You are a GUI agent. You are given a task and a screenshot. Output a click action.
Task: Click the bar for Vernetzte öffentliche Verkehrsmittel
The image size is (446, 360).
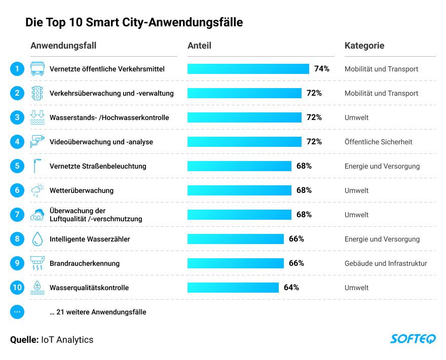248,69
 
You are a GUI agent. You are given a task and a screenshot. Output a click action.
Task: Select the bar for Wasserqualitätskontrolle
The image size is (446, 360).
233,288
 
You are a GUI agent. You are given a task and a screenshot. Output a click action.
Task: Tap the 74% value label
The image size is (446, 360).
322,69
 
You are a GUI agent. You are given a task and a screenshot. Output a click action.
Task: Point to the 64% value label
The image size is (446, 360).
291,288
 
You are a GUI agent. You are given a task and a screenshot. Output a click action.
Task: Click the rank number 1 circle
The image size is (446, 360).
17,69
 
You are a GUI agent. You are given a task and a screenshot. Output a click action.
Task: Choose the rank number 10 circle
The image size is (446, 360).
17,288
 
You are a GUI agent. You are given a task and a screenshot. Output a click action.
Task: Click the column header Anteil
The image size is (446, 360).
199,46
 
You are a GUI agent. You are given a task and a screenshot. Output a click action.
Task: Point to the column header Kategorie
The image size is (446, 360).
364,46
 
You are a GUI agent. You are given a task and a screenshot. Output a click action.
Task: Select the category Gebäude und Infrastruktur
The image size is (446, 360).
386,263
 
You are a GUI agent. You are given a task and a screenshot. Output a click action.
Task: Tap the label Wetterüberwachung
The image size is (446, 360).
82,190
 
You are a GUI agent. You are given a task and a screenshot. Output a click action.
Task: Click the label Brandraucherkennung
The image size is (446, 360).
85,263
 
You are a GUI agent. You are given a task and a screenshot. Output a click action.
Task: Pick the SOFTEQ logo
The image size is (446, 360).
413,339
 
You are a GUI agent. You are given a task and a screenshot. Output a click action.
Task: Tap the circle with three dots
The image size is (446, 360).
17,312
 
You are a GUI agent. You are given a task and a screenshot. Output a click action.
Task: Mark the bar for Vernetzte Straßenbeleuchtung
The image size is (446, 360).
239,166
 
